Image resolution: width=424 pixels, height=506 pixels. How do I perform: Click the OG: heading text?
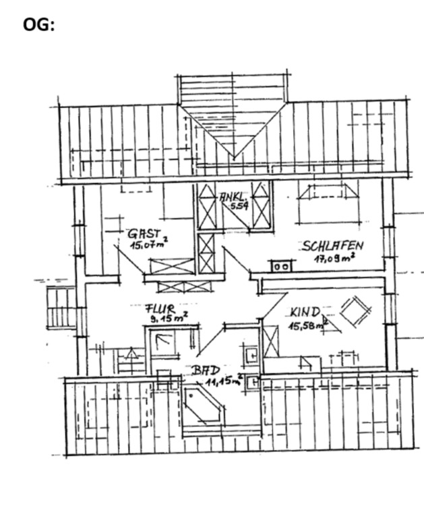(38, 25)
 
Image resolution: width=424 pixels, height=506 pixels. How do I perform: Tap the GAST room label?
(144, 233)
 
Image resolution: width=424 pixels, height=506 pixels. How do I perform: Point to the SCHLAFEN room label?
(333, 246)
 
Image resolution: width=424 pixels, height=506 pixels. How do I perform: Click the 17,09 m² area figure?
(335, 258)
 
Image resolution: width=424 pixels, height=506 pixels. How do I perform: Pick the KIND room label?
(305, 312)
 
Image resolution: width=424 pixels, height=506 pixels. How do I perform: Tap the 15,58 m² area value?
(308, 325)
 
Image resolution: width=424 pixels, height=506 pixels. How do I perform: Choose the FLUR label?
(160, 309)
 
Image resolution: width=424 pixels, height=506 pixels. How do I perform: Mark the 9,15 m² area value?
(169, 318)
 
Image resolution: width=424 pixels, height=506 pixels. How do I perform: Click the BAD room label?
(206, 371)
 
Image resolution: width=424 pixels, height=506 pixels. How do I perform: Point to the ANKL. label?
(234, 197)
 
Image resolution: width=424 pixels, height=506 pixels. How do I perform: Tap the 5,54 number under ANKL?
(239, 206)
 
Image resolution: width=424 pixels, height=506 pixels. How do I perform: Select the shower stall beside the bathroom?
(165, 343)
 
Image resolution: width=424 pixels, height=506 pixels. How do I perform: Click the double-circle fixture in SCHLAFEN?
(281, 266)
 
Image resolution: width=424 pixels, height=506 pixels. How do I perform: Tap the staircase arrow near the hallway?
(131, 353)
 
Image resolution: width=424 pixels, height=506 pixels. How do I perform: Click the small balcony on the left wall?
(61, 308)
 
